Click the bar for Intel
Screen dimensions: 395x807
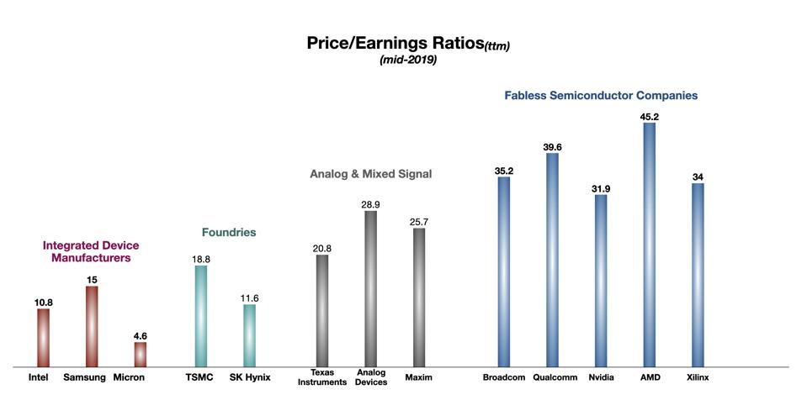pyautogui.click(x=43, y=338)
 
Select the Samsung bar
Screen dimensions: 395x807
pyautogui.click(x=92, y=326)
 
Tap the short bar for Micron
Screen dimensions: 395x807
pyautogui.click(x=141, y=354)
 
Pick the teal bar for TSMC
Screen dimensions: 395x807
pyautogui.click(x=201, y=316)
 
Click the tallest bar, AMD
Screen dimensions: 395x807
pyautogui.click(x=649, y=245)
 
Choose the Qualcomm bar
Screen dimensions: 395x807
pyautogui.click(x=552, y=260)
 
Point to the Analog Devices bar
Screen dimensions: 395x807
pyautogui.click(x=370, y=288)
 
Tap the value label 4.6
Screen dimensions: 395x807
pyautogui.click(x=141, y=334)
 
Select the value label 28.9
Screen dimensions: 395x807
pyautogui.click(x=370, y=203)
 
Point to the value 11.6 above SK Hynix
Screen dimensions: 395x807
pyautogui.click(x=250, y=297)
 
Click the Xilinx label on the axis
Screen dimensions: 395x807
pyautogui.click(x=698, y=377)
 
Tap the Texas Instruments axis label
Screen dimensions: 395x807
pyautogui.click(x=322, y=377)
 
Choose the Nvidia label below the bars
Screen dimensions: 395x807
pyautogui.click(x=600, y=377)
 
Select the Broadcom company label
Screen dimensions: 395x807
pyautogui.click(x=503, y=377)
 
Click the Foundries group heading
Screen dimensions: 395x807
pyautogui.click(x=229, y=232)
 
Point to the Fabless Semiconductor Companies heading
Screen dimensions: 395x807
pyautogui.click(x=601, y=96)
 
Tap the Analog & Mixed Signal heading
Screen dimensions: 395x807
pyautogui.click(x=370, y=175)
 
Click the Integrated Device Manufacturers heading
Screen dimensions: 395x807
pyautogui.click(x=91, y=252)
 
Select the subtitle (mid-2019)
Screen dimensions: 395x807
pyautogui.click(x=408, y=61)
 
